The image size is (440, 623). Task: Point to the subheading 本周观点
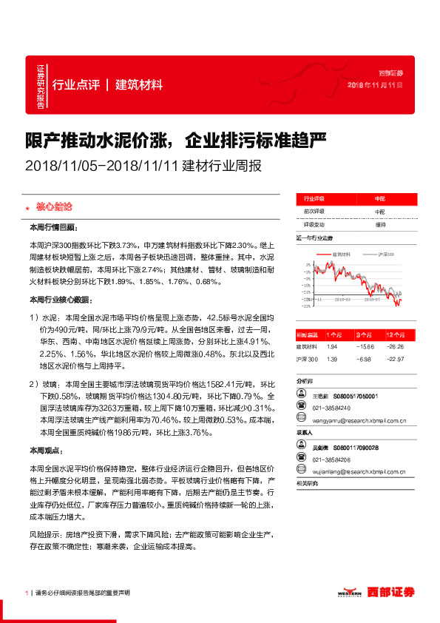point(46,450)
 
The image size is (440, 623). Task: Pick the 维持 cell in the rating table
point(380,224)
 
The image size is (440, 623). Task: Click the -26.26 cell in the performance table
point(400,346)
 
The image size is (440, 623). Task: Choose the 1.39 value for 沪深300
point(331,359)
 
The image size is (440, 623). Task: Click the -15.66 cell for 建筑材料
point(363,346)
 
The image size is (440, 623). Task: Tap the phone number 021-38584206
point(331,459)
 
